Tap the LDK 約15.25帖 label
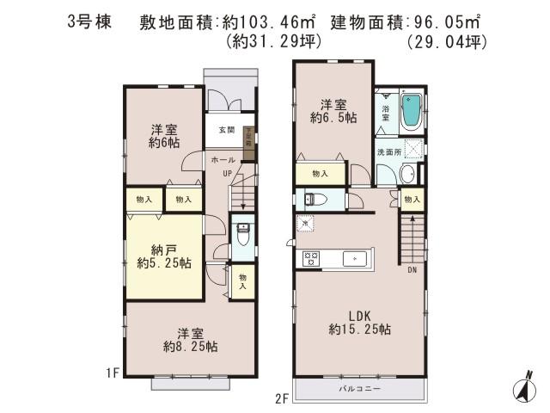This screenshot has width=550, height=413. [360, 322]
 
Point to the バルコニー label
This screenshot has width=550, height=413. [360, 390]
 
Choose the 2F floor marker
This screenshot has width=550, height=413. [283, 398]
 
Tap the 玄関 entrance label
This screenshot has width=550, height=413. [225, 131]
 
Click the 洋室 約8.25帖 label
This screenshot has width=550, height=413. [192, 339]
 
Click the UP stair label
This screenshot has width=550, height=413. [229, 174]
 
